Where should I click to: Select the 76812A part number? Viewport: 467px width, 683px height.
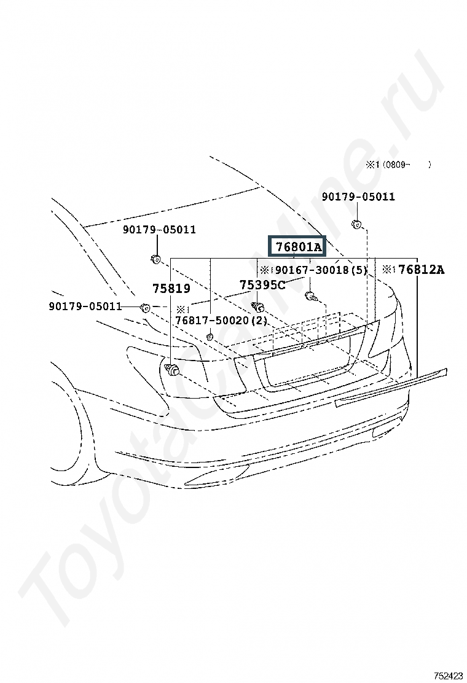pos(422,270)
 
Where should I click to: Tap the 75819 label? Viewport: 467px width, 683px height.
pos(171,288)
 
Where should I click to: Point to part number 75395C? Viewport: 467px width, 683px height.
pos(263,285)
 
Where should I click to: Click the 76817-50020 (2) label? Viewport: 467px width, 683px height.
pos(221,321)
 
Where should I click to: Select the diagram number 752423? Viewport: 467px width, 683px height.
pos(448,676)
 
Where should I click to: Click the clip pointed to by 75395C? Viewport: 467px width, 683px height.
pos(257,307)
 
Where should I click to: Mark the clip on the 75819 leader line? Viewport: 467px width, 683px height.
pos(173,369)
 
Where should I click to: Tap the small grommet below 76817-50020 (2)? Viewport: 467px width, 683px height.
pos(209,336)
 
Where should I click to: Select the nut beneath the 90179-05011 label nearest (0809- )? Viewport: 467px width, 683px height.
pos(356,225)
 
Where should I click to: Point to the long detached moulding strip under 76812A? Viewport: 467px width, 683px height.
pos(391,388)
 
